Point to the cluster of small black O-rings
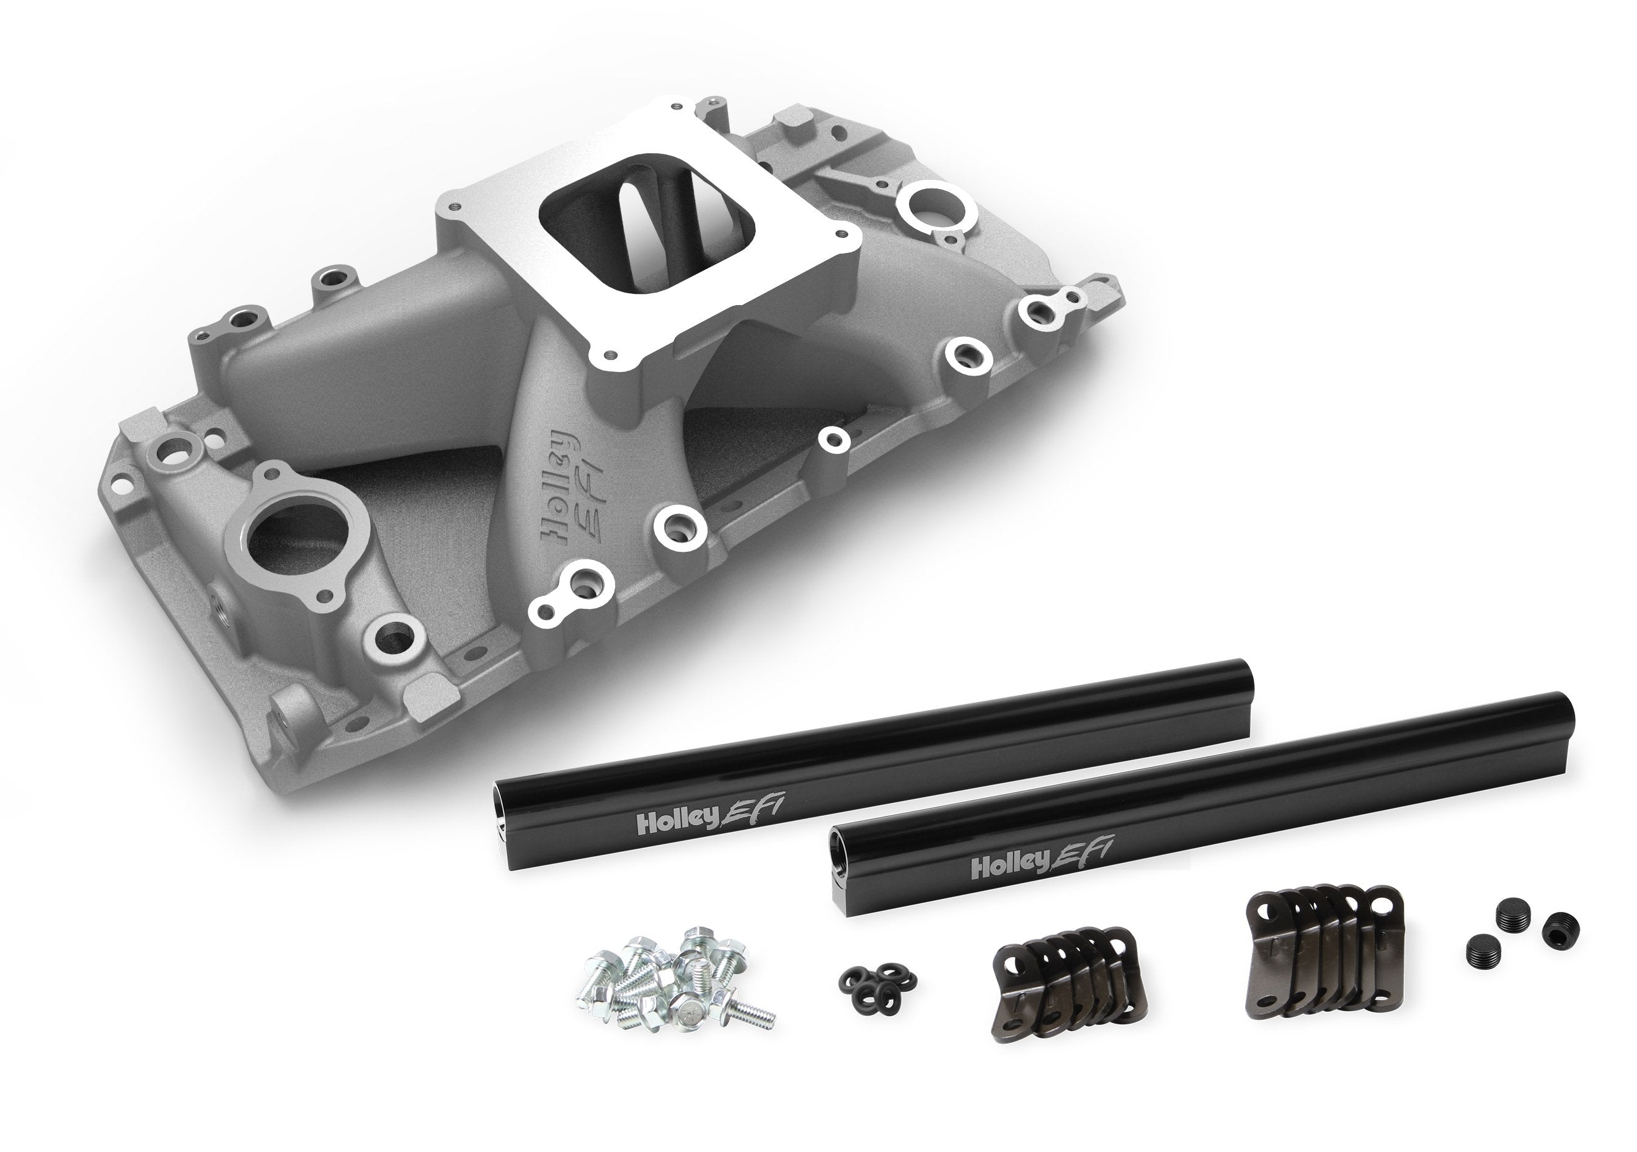point(877,980)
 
